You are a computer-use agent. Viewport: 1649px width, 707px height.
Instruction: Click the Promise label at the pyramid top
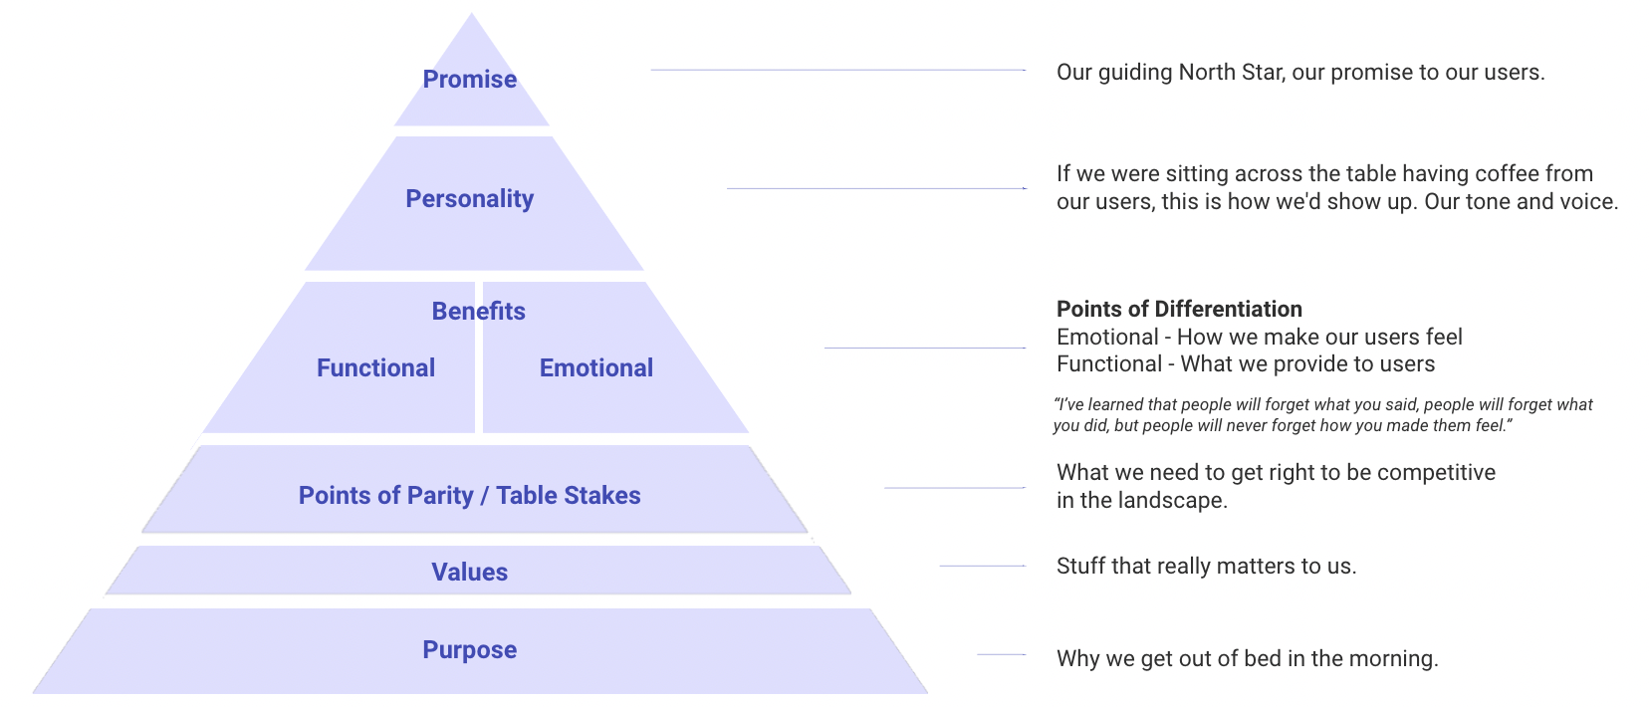(470, 80)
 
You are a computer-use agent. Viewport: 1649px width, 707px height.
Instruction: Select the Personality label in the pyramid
(470, 199)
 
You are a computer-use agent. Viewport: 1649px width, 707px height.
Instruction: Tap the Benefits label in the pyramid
(478, 312)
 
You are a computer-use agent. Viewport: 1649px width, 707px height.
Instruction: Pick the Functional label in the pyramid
(375, 368)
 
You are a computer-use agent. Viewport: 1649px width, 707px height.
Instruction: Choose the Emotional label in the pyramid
(596, 368)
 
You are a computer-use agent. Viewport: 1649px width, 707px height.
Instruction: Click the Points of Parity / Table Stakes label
(470, 496)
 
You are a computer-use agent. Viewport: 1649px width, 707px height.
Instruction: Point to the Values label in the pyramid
(470, 573)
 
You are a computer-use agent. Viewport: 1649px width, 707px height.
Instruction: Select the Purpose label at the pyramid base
(470, 650)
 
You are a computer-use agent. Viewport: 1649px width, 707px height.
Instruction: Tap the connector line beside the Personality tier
(876, 188)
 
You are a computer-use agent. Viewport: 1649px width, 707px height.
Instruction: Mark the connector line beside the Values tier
(982, 566)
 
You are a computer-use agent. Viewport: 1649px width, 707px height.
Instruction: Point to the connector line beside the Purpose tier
(1001, 654)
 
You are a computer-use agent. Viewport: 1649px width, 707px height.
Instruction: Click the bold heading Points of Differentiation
(1179, 309)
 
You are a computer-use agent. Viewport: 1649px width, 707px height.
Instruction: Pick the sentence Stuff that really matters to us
(1206, 567)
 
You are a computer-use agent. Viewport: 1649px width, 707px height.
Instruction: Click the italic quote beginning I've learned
(1322, 415)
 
